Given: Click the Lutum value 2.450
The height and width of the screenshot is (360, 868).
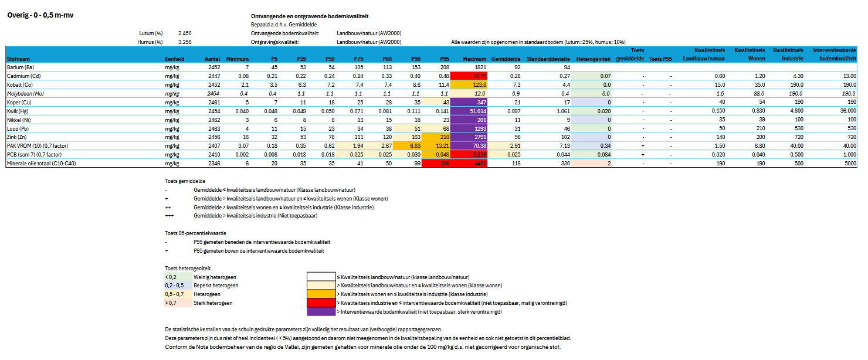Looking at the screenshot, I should coord(184,33).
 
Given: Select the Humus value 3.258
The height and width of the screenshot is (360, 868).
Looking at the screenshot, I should coord(184,42).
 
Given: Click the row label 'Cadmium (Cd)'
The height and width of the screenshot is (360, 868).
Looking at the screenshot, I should coord(23,76).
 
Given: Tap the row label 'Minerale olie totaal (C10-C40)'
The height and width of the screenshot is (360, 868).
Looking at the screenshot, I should coord(41,164).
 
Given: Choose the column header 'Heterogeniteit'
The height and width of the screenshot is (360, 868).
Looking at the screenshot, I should coord(594,59).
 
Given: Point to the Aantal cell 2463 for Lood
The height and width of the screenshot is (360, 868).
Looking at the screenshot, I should coord(212,128).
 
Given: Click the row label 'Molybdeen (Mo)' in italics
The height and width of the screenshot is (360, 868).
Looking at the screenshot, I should coord(25,94).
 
